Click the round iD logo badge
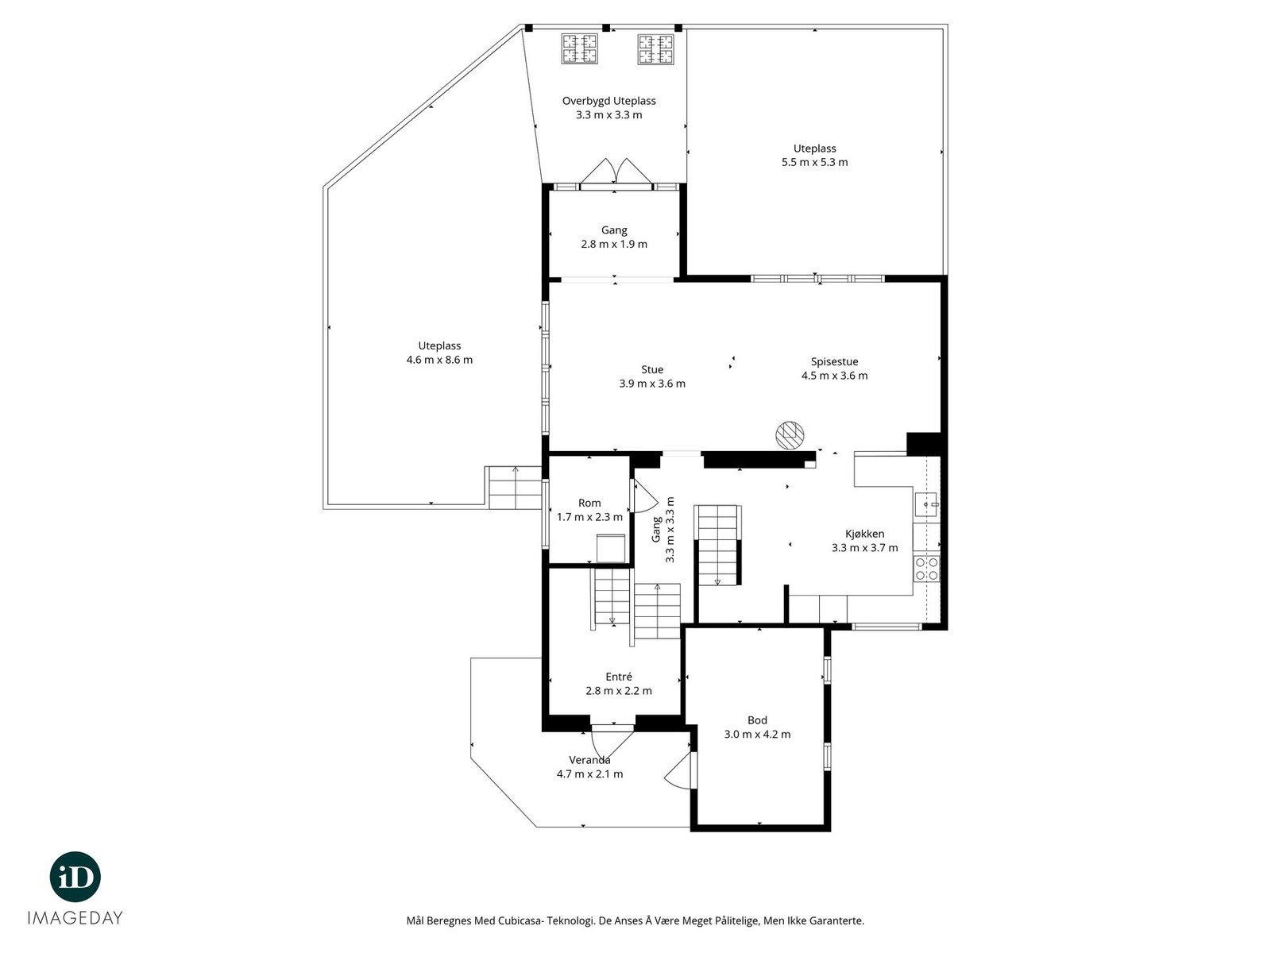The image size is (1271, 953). click(x=75, y=877)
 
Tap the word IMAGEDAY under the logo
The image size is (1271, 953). click(x=75, y=918)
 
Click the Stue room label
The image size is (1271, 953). click(x=652, y=369)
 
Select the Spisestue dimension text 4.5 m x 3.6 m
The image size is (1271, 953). click(x=834, y=376)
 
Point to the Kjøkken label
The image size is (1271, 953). click(x=864, y=534)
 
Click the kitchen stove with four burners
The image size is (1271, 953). click(x=926, y=568)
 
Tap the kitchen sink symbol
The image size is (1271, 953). click(x=926, y=504)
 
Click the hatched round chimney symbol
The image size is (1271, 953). click(x=790, y=434)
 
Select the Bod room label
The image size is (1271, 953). click(x=757, y=720)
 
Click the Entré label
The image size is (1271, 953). click(x=619, y=677)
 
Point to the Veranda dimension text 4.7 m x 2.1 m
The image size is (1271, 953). click(x=590, y=774)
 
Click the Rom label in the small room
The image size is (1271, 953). click(x=589, y=503)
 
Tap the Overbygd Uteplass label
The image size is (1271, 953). click(x=609, y=102)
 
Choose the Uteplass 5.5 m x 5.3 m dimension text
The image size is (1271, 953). click(x=815, y=163)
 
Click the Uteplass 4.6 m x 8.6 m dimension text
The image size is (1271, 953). click(x=439, y=360)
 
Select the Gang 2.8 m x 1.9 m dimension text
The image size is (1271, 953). click(x=614, y=244)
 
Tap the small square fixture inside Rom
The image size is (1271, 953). click(x=611, y=549)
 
